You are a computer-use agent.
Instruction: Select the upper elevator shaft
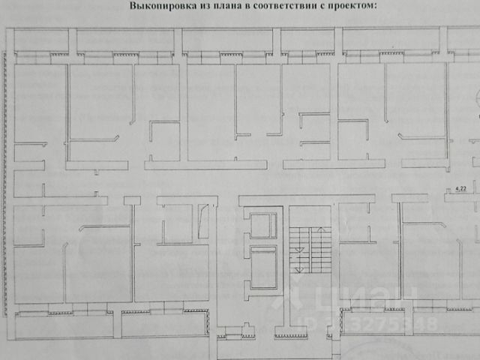tap(262, 226)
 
